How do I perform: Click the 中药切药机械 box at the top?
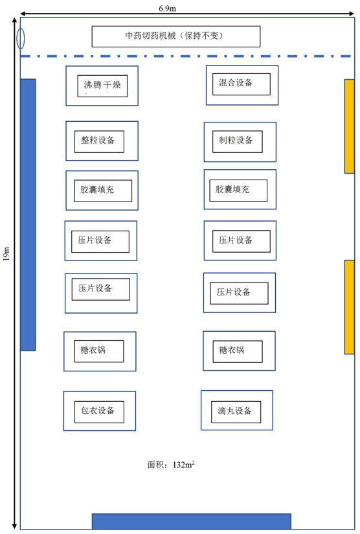[176, 36]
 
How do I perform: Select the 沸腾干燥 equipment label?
[102, 86]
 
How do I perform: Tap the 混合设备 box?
[242, 84]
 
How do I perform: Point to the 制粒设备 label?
[238, 141]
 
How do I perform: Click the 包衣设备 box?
[99, 412]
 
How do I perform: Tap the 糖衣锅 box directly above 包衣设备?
[99, 351]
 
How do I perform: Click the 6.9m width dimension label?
[168, 8]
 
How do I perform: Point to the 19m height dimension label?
[6, 254]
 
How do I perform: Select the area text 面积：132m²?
[171, 465]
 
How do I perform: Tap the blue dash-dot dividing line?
[185, 56]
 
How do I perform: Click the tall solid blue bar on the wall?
[28, 215]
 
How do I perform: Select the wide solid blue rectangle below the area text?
[192, 522]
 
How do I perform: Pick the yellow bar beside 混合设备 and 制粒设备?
[350, 126]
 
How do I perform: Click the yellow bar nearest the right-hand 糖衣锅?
[350, 307]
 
